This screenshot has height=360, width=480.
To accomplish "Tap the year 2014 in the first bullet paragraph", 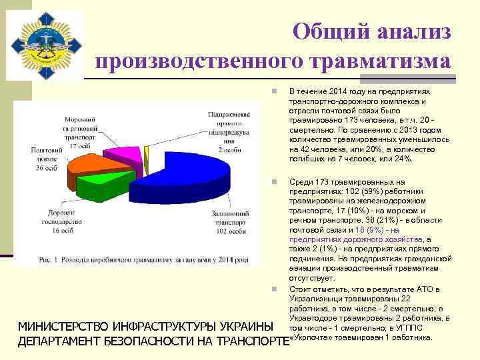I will tap(336, 90).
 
